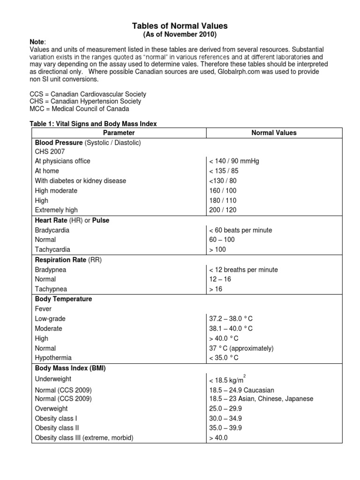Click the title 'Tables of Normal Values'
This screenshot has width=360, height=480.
coord(180,26)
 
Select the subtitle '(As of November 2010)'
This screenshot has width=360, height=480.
coord(180,35)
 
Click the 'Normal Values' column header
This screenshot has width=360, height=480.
coord(274,133)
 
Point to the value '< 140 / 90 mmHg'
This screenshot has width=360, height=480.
coord(234,161)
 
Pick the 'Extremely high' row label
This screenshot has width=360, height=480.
coord(56,210)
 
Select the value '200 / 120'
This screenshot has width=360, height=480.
coord(223,210)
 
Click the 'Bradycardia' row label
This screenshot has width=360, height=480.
coord(52,230)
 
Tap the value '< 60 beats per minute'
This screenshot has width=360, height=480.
coord(240,230)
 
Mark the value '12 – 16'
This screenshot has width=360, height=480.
coord(220,279)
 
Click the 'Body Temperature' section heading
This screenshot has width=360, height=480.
coord(63,299)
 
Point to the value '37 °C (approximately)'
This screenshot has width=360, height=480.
coord(241,348)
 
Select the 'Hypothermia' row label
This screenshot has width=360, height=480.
coord(53,358)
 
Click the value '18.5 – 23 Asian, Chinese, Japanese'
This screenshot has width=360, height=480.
coord(261,399)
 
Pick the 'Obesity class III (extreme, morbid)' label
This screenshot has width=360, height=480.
coord(84,438)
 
